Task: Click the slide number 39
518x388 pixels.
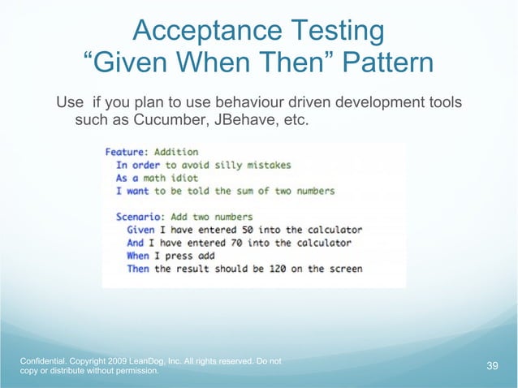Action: coord(492,366)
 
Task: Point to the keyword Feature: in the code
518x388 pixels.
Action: coord(126,152)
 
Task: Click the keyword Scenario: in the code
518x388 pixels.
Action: coord(137,217)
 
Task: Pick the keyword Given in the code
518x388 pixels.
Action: coord(140,230)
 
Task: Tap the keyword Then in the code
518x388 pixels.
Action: coord(138,269)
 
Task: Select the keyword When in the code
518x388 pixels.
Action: coord(138,256)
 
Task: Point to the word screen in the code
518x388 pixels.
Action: coord(343,269)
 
